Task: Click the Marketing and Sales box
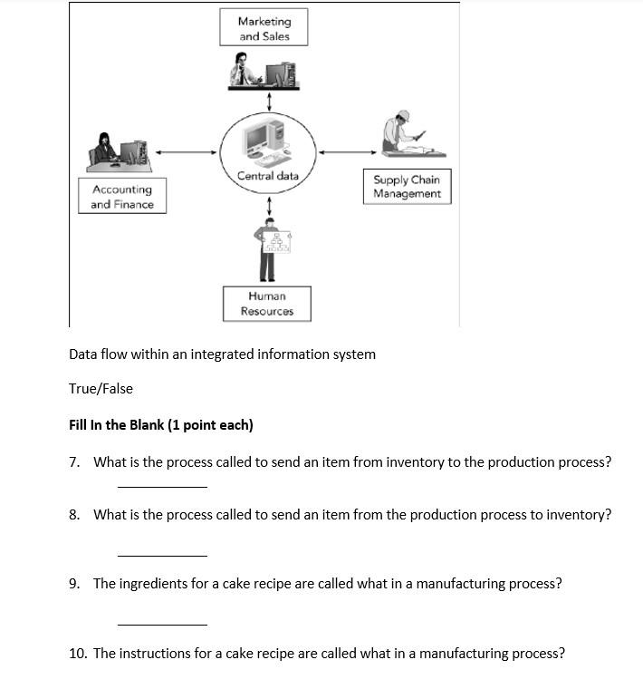pos(264,28)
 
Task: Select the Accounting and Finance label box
pos(122,197)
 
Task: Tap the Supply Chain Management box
pos(407,187)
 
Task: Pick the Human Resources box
pos(267,304)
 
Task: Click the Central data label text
pos(268,176)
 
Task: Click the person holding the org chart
pos(269,251)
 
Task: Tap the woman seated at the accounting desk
pos(105,149)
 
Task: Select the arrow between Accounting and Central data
pos(187,152)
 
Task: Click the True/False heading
pos(101,389)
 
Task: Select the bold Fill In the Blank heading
pos(160,425)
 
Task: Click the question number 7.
pos(74,462)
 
